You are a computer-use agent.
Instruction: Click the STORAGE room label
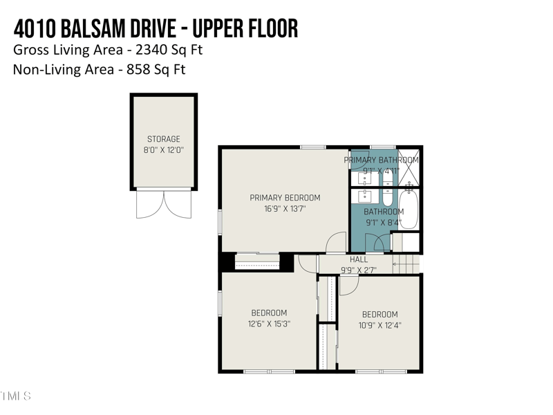pos(164,139)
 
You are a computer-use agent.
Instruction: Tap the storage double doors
pos(164,205)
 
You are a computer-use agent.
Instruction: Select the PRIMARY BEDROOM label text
pos(285,198)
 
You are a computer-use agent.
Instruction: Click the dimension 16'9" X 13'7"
pos(285,208)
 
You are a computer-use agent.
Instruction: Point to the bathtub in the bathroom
pos(409,210)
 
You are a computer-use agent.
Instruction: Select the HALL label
pos(359,260)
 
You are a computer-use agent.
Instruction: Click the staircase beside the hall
pos(406,264)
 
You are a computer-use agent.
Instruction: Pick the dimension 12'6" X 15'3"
pos(269,324)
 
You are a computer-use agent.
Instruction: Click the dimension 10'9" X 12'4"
pos(379,325)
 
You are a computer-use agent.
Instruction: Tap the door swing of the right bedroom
pos(347,286)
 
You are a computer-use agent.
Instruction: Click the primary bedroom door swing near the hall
pos(336,243)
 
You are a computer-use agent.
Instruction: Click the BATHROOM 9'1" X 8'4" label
pos(384,217)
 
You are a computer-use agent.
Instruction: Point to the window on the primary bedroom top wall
pos(313,147)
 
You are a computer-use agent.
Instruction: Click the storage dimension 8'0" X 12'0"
pos(164,149)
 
